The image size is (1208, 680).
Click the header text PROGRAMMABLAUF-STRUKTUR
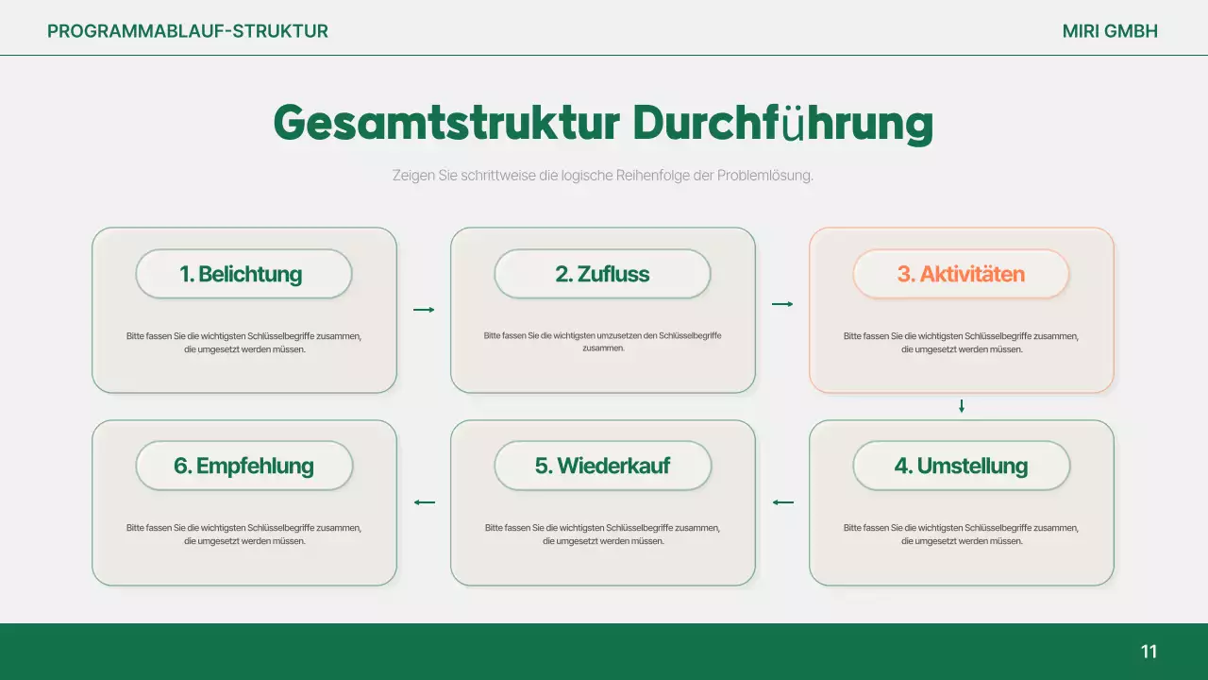click(x=188, y=31)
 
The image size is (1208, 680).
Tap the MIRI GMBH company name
click(x=1110, y=31)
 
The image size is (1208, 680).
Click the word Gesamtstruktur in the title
click(x=446, y=123)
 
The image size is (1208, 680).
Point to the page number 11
click(x=1149, y=652)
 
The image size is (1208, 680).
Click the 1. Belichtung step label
click(x=243, y=274)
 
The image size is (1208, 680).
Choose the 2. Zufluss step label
click(x=602, y=274)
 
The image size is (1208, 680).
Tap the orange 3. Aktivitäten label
click(x=961, y=274)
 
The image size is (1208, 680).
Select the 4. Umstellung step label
click(x=961, y=466)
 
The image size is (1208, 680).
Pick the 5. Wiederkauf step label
click(x=602, y=466)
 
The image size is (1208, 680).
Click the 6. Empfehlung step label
click(x=243, y=466)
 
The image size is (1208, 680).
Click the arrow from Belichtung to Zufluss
click(x=424, y=309)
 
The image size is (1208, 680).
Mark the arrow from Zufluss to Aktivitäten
click(x=782, y=304)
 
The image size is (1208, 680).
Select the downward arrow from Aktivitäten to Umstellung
click(x=962, y=406)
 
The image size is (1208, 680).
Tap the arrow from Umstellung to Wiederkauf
click(x=782, y=502)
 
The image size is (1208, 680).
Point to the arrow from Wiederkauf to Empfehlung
click(x=424, y=502)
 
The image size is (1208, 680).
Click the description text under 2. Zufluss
click(x=602, y=342)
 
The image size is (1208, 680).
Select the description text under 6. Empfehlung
click(x=243, y=535)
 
